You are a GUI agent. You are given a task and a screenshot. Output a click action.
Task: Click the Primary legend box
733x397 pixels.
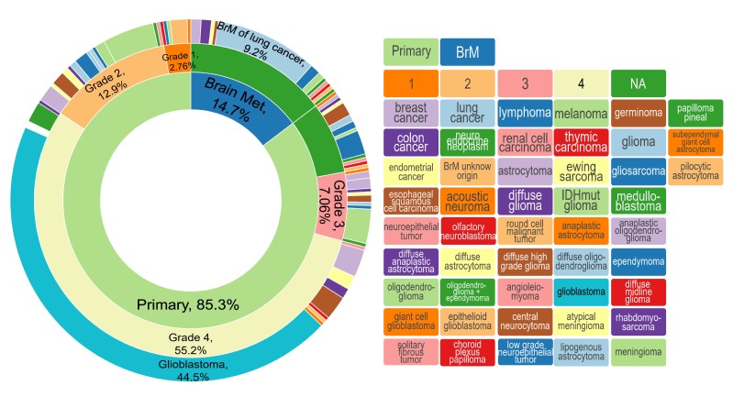[411, 51]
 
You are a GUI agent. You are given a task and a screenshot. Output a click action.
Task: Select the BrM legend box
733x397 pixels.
[467, 51]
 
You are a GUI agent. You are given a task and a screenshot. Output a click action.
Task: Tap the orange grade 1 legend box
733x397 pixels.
[411, 84]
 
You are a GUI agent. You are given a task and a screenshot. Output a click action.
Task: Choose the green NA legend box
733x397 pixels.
[637, 84]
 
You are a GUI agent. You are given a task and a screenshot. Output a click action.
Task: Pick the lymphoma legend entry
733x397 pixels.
[524, 113]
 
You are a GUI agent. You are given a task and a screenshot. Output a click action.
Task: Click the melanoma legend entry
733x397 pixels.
[581, 113]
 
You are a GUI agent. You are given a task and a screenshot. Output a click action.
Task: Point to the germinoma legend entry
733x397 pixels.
[637, 113]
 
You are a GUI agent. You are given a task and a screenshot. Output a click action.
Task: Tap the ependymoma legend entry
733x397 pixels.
[637, 260]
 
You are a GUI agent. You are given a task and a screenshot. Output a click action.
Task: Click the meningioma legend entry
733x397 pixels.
[637, 350]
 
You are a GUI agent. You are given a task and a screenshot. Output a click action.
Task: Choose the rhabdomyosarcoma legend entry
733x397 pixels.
[637, 320]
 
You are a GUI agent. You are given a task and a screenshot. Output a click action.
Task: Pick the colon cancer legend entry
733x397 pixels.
[411, 142]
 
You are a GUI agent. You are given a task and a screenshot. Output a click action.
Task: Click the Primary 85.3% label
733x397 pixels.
[188, 303]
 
